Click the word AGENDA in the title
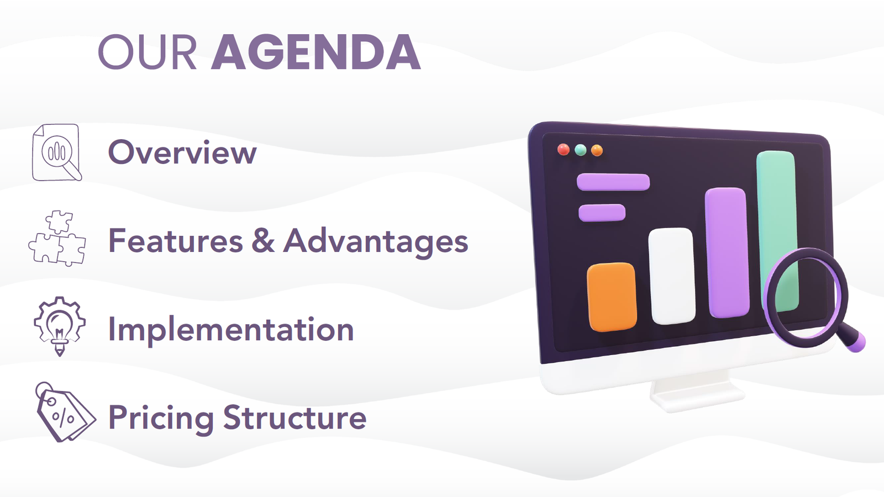tap(316, 52)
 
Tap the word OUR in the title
tap(147, 52)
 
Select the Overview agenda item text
tap(182, 152)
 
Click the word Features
tap(176, 241)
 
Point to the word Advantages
tap(376, 242)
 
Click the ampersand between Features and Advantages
tap(263, 240)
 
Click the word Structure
tap(295, 417)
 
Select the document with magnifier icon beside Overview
tap(57, 152)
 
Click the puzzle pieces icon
tap(57, 238)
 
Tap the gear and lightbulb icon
tap(60, 326)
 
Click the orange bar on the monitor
tap(612, 297)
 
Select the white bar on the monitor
tap(672, 276)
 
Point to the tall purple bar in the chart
tap(727, 252)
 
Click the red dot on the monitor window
tap(563, 150)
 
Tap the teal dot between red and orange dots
tap(581, 150)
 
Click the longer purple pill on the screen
tap(613, 182)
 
